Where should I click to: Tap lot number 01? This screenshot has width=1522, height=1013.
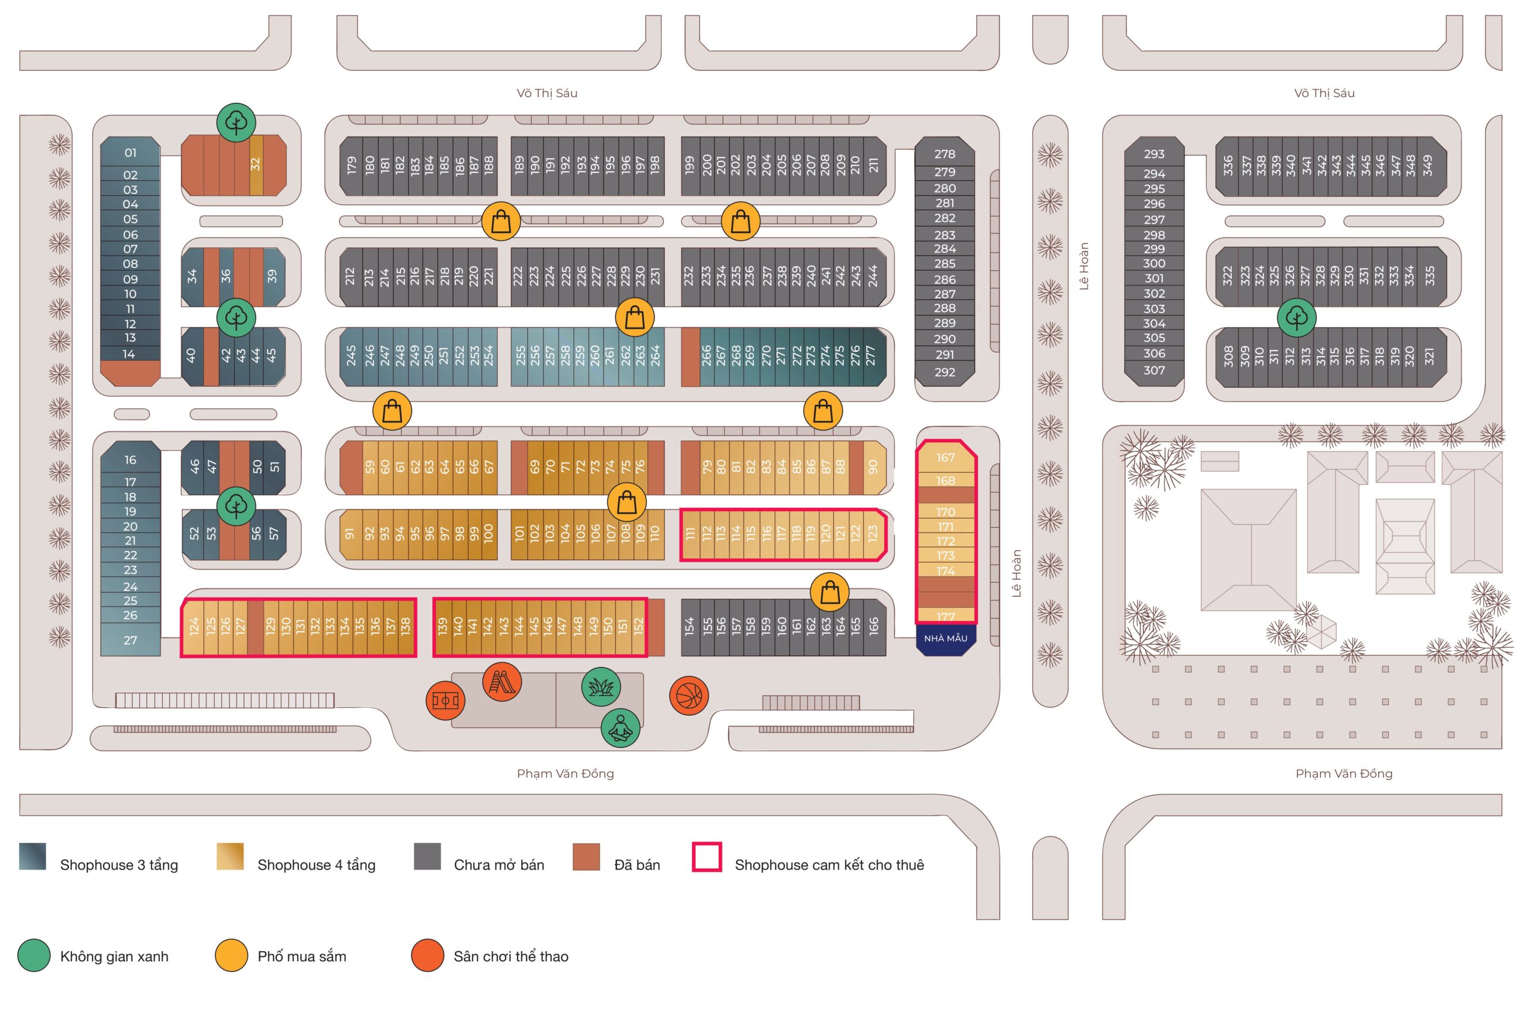(130, 153)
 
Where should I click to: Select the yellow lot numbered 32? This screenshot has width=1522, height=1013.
(256, 164)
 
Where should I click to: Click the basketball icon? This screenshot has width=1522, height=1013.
(688, 696)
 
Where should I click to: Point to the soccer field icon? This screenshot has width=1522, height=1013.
(445, 700)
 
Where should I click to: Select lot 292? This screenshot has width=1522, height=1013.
(945, 372)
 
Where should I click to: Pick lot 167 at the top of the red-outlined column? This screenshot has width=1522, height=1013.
(945, 458)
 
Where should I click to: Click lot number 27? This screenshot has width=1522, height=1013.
(130, 640)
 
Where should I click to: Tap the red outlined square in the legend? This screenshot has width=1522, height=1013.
(707, 857)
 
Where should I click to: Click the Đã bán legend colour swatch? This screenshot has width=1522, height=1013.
(586, 857)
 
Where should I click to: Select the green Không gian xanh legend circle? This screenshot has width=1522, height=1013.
(34, 955)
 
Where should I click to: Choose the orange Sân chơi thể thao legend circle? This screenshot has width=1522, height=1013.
(427, 955)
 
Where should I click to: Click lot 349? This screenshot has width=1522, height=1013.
(1427, 166)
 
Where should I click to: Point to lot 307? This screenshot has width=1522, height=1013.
(1154, 370)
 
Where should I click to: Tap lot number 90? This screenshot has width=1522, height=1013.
(873, 467)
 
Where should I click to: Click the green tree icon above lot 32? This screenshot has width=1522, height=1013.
(236, 122)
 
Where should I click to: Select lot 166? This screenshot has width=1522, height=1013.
(873, 625)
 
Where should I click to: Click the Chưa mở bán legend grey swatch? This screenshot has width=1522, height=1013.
(427, 857)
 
